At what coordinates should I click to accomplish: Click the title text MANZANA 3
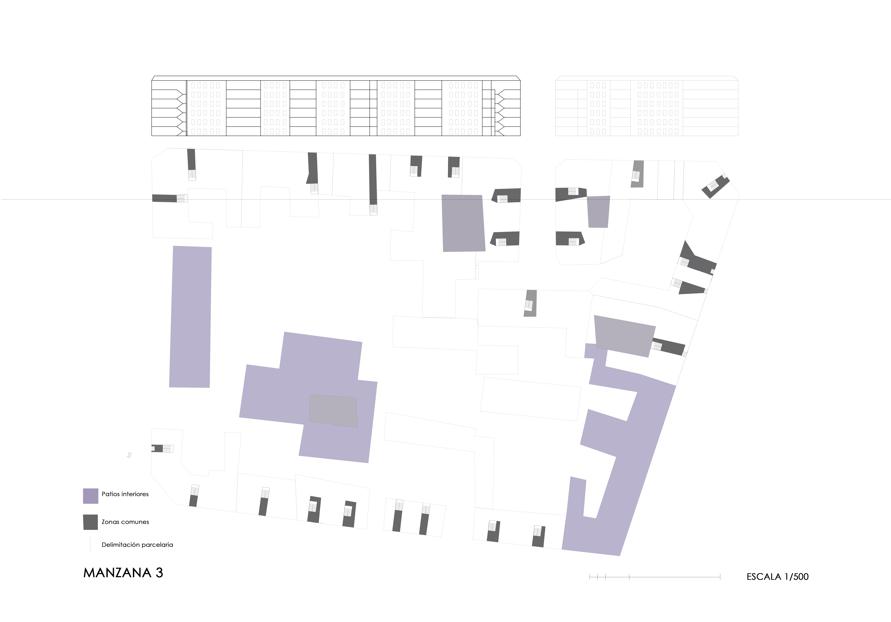tap(123, 573)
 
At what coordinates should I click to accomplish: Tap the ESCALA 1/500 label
tap(777, 577)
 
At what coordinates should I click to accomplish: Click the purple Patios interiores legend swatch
tap(90, 496)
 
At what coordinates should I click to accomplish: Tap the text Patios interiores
tap(125, 494)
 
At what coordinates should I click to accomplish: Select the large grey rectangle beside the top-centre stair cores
tap(463, 223)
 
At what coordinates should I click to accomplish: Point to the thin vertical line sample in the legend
tap(90, 544)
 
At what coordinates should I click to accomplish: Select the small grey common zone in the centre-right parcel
tap(531, 303)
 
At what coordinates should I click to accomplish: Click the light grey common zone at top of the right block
tap(637, 174)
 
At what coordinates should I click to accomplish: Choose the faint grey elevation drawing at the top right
tap(647, 106)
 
